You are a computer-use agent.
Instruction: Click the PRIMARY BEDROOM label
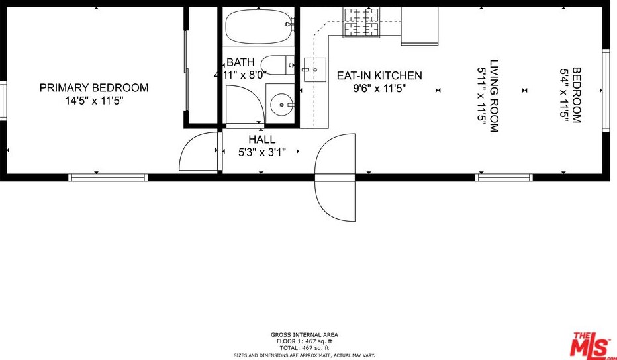pos(94,87)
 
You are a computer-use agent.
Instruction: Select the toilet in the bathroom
pos(278,66)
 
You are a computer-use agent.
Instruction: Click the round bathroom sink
pos(282,105)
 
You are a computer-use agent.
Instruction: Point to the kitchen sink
pos(315,69)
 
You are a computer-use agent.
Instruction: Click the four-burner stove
pos(361,22)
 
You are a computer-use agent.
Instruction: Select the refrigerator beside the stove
pos(420,26)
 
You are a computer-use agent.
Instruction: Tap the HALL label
pos(262,139)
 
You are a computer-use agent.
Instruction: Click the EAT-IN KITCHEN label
pos(379,75)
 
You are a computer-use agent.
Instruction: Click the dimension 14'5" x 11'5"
pos(95,101)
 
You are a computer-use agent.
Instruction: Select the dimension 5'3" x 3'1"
pos(262,152)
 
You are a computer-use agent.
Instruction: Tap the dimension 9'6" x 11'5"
pos(379,89)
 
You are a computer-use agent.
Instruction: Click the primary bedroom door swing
pos(189,142)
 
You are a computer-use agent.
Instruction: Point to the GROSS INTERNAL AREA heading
pos(304,335)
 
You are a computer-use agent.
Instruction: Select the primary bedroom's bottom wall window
pos(108,177)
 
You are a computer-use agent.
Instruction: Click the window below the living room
pos(504,177)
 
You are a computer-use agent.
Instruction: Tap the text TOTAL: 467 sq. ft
pos(303,348)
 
